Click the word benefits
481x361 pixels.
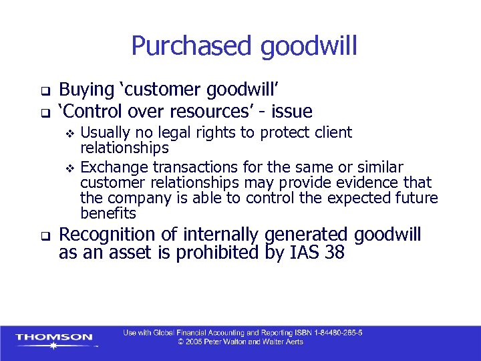point(108,214)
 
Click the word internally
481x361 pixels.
point(226,235)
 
